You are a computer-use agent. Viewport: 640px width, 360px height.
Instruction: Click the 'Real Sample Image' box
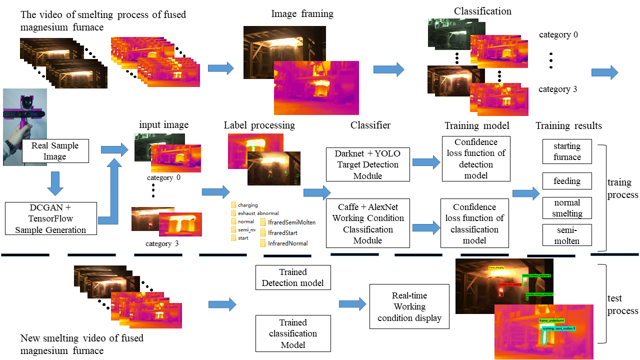click(54, 151)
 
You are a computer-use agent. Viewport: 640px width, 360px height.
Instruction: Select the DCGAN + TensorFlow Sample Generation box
click(50, 218)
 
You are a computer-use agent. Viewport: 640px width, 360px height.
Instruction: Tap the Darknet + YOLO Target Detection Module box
click(368, 164)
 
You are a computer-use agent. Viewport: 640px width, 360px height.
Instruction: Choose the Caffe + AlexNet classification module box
click(368, 223)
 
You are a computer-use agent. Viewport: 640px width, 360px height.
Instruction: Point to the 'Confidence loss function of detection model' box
click(476, 158)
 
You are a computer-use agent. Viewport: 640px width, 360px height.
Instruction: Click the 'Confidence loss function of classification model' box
click(474, 223)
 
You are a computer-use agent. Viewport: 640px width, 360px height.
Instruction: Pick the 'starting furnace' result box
click(567, 151)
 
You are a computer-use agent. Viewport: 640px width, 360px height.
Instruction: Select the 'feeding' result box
click(567, 181)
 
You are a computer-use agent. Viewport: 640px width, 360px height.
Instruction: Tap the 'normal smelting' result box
click(567, 208)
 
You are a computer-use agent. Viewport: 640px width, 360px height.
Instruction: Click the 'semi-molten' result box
click(567, 235)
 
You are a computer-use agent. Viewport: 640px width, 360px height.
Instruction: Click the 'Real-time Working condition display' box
click(409, 306)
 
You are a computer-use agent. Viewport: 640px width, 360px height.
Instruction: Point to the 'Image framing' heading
click(302, 14)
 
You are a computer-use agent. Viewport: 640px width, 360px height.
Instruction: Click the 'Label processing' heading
click(259, 125)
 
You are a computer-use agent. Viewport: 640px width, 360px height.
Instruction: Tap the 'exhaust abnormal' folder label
click(258, 213)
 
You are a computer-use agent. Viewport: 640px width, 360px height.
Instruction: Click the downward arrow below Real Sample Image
click(54, 183)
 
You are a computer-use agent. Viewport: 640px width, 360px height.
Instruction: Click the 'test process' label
click(622, 304)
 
